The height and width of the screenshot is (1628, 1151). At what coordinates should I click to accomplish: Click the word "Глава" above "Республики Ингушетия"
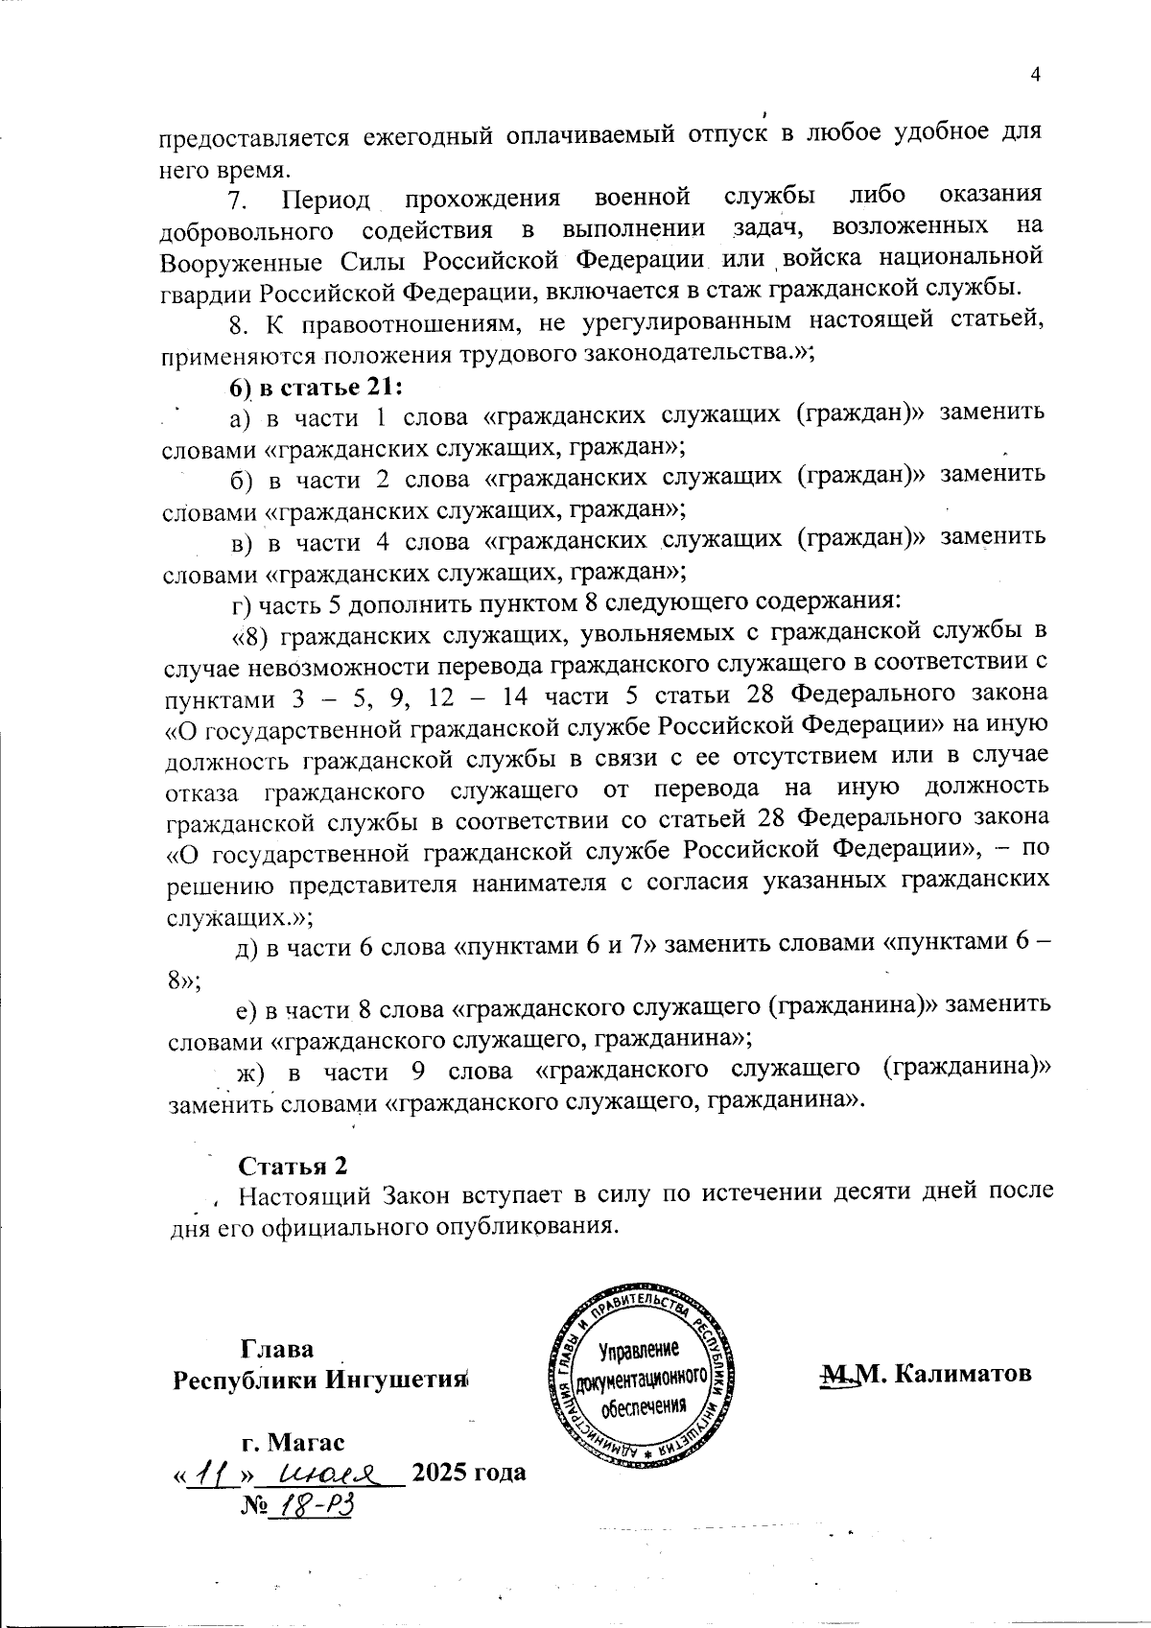click(x=277, y=1348)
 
